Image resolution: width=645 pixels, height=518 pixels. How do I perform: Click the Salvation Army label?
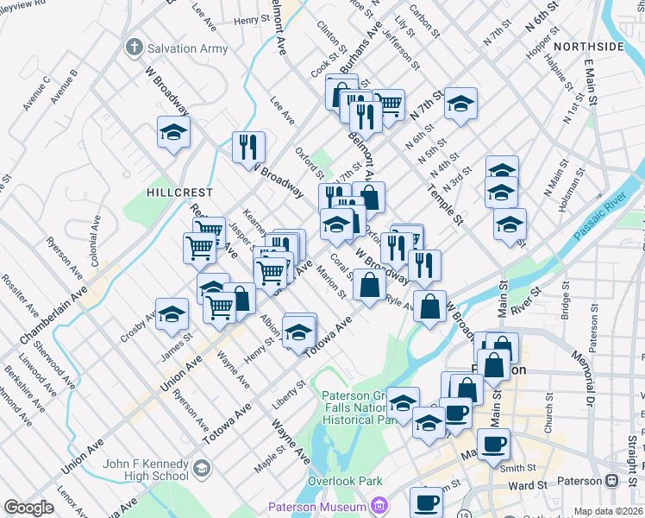[x=188, y=48]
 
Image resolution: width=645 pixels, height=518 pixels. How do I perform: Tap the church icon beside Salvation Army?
[x=134, y=47]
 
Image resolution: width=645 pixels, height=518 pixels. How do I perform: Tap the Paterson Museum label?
[x=316, y=506]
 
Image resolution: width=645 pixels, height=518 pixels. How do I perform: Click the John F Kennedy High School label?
[x=146, y=470]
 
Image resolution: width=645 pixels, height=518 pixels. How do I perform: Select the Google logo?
[x=28, y=508]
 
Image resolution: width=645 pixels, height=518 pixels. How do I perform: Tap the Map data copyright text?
[x=608, y=511]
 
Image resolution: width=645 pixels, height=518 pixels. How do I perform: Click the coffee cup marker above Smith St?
[x=493, y=445]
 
